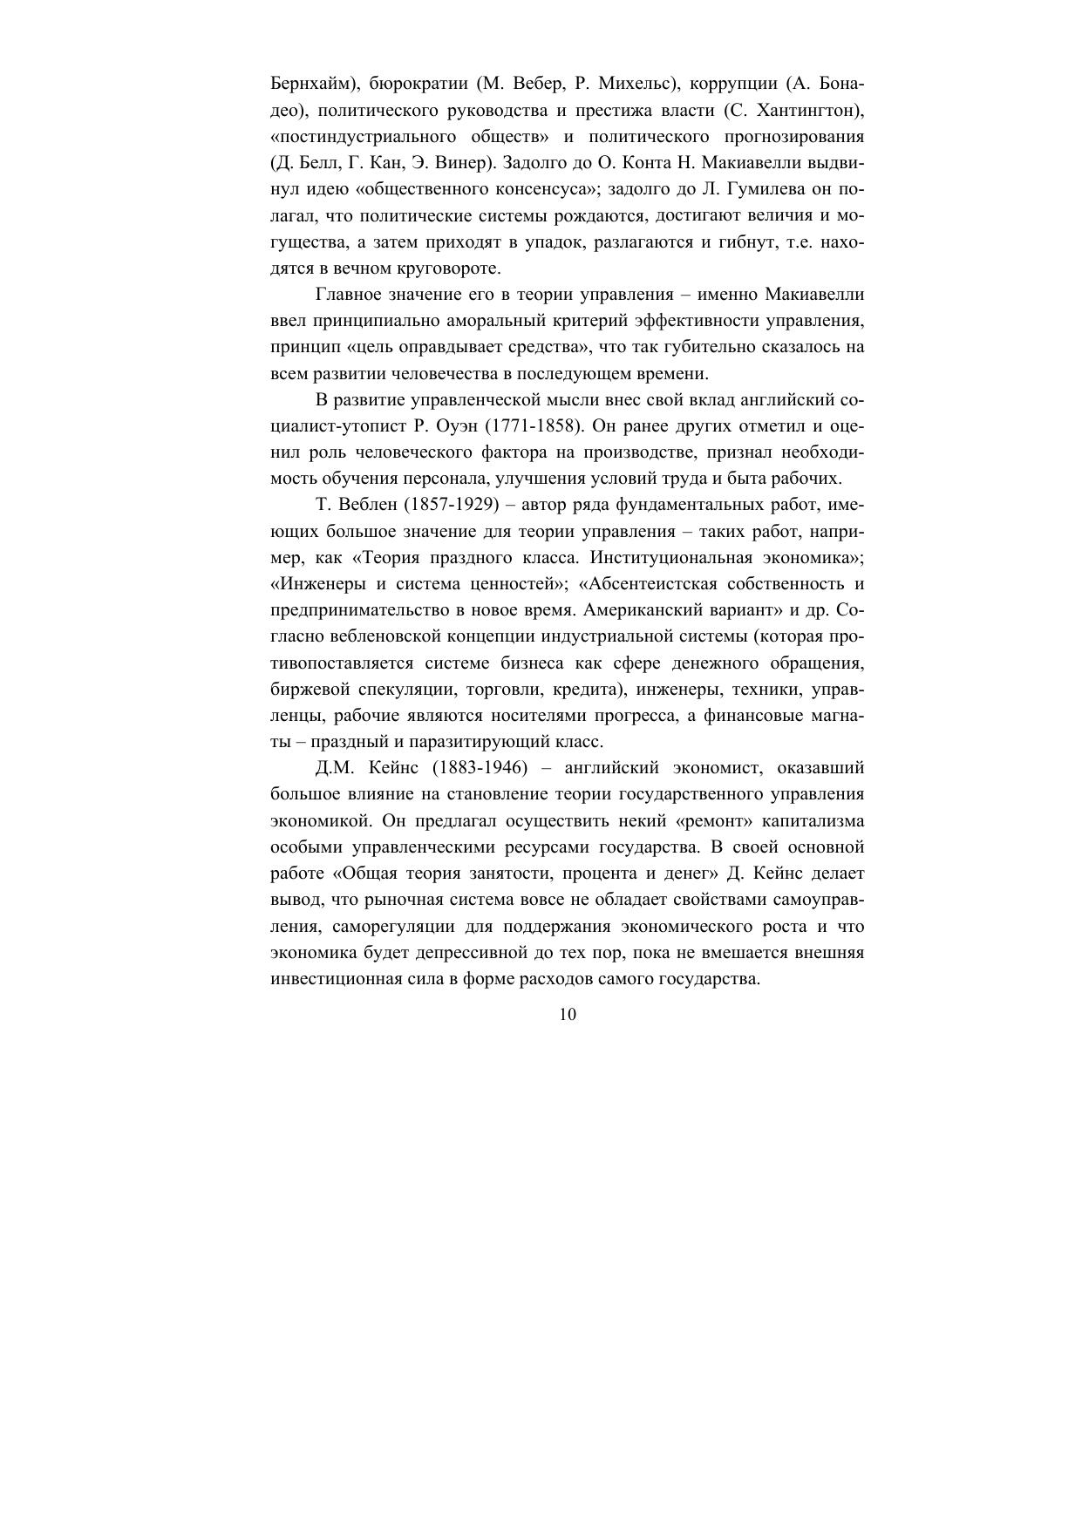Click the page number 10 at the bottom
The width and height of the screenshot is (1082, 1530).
[x=567, y=1014]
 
